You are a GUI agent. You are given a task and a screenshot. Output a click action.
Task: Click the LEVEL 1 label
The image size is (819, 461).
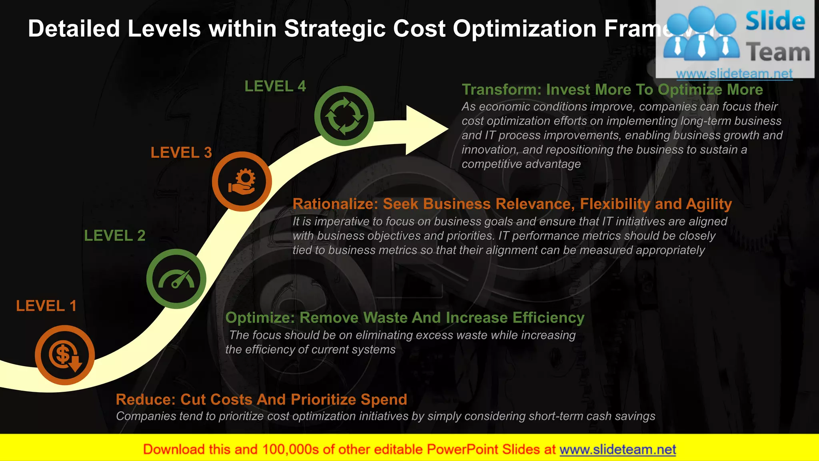tap(46, 306)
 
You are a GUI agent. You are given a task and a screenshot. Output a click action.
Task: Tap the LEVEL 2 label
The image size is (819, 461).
tap(114, 236)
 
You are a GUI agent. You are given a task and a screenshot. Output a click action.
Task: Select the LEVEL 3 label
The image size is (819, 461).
tap(181, 153)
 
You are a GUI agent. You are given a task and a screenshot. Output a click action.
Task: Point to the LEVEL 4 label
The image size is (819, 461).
tap(275, 86)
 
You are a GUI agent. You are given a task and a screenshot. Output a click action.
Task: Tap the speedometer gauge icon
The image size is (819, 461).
tap(176, 279)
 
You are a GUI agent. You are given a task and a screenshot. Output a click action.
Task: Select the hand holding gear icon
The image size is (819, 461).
tap(242, 182)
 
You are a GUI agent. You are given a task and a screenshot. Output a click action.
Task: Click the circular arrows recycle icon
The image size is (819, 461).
tap(344, 116)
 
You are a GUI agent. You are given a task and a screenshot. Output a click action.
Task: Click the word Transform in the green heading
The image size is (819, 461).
tap(501, 90)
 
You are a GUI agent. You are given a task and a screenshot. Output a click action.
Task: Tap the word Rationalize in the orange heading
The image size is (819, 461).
tap(335, 204)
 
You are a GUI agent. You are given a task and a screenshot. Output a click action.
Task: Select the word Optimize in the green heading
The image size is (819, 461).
tap(260, 318)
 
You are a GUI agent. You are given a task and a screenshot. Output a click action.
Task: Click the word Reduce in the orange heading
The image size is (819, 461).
tap(146, 400)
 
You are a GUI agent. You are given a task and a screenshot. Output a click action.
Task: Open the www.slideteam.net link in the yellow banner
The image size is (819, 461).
tap(617, 450)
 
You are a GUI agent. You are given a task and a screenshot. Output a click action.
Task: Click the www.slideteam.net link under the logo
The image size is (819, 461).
tap(734, 74)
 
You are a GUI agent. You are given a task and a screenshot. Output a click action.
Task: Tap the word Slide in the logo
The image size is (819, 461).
tap(775, 22)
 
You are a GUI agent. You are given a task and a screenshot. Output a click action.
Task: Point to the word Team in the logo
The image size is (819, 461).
tap(778, 53)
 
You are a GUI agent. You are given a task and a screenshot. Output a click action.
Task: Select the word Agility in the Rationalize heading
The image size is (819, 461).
tap(709, 204)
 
